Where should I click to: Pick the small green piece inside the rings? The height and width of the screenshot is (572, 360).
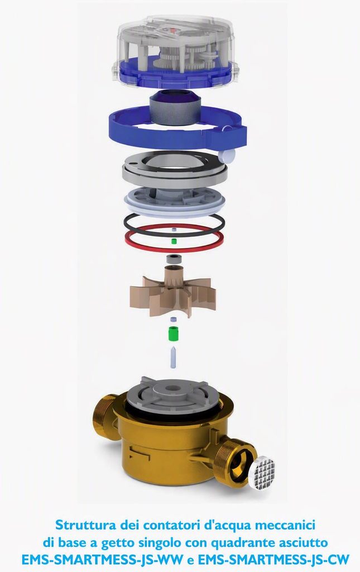tap(174, 241)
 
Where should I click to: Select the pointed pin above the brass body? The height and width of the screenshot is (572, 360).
tap(174, 357)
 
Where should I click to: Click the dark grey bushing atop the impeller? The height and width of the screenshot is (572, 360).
tap(173, 260)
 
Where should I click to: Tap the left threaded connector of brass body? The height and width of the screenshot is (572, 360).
tap(105, 417)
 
